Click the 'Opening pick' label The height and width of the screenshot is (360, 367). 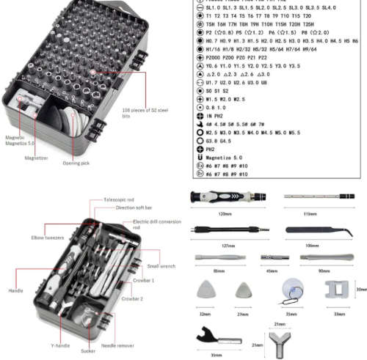tap(75, 162)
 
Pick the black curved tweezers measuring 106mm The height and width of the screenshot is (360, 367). tap(312, 230)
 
